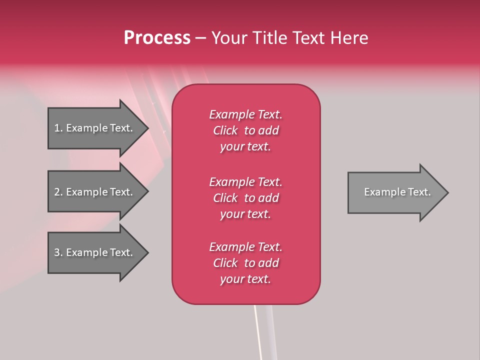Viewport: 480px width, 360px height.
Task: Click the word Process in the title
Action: coord(157,38)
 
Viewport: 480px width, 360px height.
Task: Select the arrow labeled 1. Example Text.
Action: coord(95,128)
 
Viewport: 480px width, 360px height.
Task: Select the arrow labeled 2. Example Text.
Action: coord(95,192)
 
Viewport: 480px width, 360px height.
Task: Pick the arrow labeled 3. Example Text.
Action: coord(95,252)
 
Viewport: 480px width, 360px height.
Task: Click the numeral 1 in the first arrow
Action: coord(57,128)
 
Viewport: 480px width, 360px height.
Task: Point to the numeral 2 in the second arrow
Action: coord(57,192)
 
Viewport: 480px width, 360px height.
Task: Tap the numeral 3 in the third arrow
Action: coord(57,252)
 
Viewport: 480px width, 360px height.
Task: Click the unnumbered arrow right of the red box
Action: coord(395,192)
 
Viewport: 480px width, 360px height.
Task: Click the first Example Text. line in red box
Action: coord(245,114)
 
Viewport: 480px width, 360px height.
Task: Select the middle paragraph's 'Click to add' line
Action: coord(245,198)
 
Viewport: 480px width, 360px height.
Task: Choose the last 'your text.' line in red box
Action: coord(245,279)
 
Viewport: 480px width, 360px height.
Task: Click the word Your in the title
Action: coord(230,38)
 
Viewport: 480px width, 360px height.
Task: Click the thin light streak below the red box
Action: coord(258,330)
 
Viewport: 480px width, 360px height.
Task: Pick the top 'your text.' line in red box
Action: coord(245,147)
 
